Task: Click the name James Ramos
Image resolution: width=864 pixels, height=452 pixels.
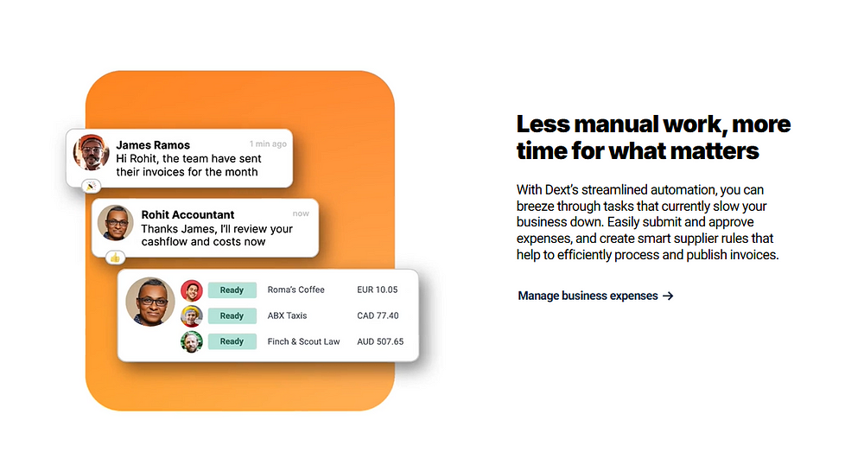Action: click(x=153, y=145)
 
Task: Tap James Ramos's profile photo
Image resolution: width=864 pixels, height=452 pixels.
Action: click(x=91, y=152)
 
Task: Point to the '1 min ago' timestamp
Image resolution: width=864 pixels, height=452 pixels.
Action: click(x=268, y=143)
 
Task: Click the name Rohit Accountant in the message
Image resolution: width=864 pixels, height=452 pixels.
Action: click(x=187, y=214)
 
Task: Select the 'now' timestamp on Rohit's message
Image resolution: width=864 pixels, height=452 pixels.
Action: click(x=301, y=213)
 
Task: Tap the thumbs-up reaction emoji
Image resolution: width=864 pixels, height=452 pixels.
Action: click(x=115, y=258)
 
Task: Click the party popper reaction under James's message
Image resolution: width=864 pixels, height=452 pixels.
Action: click(x=91, y=187)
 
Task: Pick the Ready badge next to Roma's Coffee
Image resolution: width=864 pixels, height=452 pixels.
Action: click(x=232, y=290)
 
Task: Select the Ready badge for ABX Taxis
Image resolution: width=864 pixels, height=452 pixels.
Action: click(x=232, y=315)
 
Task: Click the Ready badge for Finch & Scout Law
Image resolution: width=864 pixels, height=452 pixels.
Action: click(x=232, y=341)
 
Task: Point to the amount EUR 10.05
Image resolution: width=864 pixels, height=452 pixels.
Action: click(x=377, y=290)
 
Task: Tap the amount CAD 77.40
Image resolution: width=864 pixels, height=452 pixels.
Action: click(x=378, y=315)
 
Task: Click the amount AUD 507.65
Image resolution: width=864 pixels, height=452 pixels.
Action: click(x=380, y=341)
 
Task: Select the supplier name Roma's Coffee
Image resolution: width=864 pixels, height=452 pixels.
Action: click(x=295, y=290)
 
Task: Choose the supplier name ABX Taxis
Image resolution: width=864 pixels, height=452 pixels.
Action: click(x=287, y=315)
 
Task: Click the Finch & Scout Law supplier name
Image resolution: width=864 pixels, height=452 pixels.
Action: click(x=303, y=341)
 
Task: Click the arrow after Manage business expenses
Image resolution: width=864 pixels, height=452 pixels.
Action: click(x=668, y=296)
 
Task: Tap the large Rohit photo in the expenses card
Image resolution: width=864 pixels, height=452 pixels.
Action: click(x=149, y=302)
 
